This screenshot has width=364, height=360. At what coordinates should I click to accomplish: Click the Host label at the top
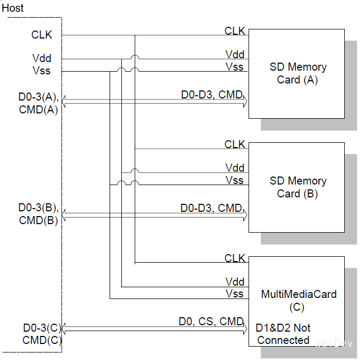point(13,9)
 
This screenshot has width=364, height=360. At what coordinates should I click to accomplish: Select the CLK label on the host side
point(42,35)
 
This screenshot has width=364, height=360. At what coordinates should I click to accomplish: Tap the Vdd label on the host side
point(42,59)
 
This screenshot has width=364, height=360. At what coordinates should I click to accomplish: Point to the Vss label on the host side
point(42,71)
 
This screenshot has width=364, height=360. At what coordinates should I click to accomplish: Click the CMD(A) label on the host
point(38,111)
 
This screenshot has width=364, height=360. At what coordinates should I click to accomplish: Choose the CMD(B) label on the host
point(38,220)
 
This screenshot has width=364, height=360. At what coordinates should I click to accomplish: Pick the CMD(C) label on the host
point(42,340)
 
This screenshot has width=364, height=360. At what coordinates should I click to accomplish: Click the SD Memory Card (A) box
point(297,74)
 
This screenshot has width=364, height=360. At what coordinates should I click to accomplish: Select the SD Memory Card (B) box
point(297,187)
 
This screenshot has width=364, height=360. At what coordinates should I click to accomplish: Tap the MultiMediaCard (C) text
point(298,300)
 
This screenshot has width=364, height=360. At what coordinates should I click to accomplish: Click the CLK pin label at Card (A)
point(235,31)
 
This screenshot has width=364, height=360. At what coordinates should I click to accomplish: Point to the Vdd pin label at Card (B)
point(235,168)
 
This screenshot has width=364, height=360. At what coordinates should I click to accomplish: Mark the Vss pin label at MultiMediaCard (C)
point(235,294)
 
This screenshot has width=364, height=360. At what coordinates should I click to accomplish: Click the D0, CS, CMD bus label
point(211,322)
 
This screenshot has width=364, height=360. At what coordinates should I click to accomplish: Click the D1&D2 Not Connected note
point(283,334)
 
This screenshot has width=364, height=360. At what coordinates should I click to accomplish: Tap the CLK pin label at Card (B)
point(235,144)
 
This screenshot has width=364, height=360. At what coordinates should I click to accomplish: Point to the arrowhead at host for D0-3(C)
point(65,329)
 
